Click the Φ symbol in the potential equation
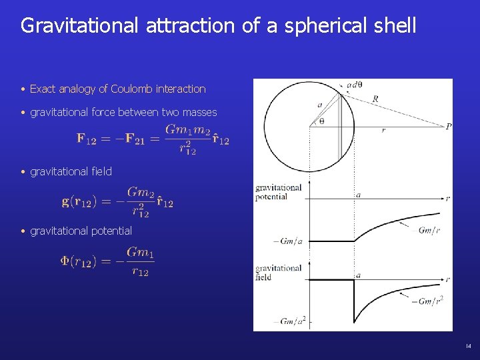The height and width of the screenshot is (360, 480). pyautogui.click(x=65, y=261)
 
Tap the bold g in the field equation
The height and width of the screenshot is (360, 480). pyautogui.click(x=66, y=201)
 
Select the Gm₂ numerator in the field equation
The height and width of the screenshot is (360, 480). pyautogui.click(x=141, y=192)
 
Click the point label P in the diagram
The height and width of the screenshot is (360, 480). pyautogui.click(x=449, y=127)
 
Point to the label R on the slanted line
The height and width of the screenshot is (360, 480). pyautogui.click(x=376, y=99)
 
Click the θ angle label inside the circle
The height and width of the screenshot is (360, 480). pyautogui.click(x=322, y=122)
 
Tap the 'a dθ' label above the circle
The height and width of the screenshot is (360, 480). pyautogui.click(x=354, y=85)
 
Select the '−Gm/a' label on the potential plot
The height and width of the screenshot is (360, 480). pyautogui.click(x=288, y=241)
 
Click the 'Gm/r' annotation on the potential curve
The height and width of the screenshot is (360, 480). pyautogui.click(x=428, y=230)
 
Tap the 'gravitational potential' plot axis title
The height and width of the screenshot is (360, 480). pyautogui.click(x=278, y=192)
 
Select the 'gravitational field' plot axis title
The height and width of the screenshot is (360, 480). pyautogui.click(x=278, y=272)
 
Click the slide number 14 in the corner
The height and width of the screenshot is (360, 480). pyautogui.click(x=468, y=346)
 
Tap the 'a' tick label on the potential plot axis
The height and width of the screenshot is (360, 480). pyautogui.click(x=359, y=195)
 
